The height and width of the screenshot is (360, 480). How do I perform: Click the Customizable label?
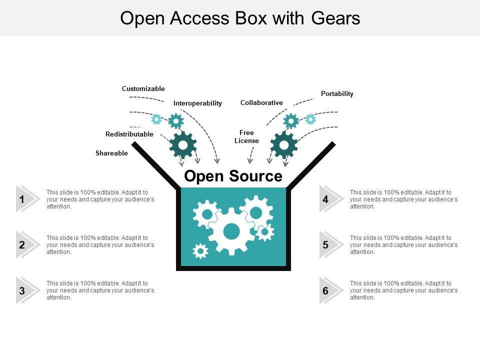pyautogui.click(x=143, y=88)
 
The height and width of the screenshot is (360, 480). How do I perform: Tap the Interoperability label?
pyautogui.click(x=197, y=103)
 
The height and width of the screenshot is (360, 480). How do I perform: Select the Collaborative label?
pyautogui.click(x=261, y=102)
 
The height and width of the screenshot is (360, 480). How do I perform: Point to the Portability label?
pyautogui.click(x=337, y=93)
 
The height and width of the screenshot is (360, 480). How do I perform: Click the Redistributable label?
pyautogui.click(x=129, y=134)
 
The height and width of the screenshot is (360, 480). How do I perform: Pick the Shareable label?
pyautogui.click(x=111, y=153)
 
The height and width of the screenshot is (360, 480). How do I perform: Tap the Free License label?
pyautogui.click(x=247, y=136)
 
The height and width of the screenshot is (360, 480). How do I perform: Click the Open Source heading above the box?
pyautogui.click(x=233, y=176)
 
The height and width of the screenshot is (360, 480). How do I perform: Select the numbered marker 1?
pyautogui.click(x=22, y=199)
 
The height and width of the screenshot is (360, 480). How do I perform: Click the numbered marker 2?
pyautogui.click(x=22, y=245)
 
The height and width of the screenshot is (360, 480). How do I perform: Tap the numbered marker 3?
pyautogui.click(x=22, y=290)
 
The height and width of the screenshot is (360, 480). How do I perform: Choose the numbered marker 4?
pyautogui.click(x=325, y=199)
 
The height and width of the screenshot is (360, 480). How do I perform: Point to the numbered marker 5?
pyautogui.click(x=325, y=245)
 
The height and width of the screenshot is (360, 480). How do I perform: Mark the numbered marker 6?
pyautogui.click(x=325, y=290)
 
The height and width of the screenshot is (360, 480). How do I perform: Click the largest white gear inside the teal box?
pyautogui.click(x=231, y=231)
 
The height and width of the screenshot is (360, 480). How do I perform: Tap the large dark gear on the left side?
pyautogui.click(x=183, y=145)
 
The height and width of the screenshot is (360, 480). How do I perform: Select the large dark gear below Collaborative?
pyautogui.click(x=284, y=145)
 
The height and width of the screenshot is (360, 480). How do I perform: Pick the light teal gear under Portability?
pyautogui.click(x=310, y=119)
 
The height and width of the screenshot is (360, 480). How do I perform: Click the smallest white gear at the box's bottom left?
pyautogui.click(x=200, y=251)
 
